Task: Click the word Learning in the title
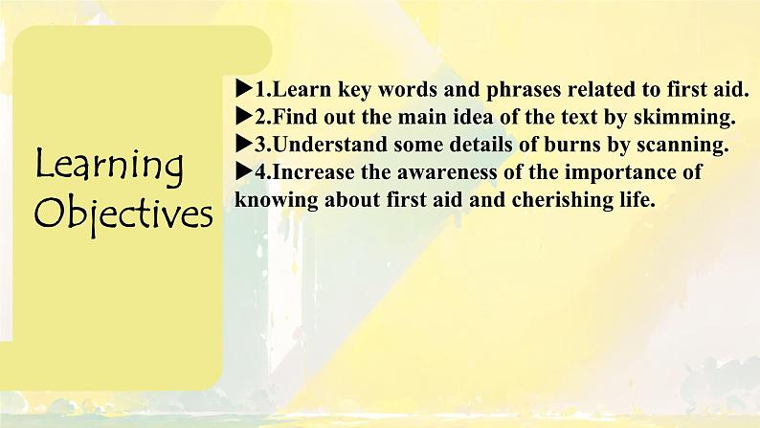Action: pos(109,168)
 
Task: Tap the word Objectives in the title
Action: pos(123,213)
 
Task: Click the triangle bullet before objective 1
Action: pos(240,90)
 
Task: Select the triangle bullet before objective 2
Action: pos(240,118)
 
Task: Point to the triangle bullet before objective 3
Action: pos(240,146)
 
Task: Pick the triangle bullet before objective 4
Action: pos(240,173)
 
